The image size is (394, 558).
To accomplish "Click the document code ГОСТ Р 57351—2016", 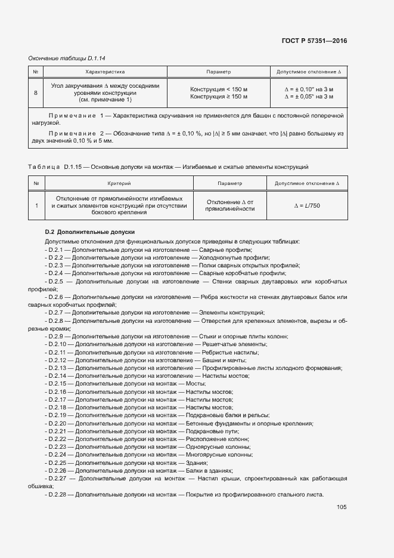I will [x=314, y=41].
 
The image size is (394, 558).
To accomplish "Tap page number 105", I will [x=342, y=507].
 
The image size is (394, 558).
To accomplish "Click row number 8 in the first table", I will [x=36, y=93].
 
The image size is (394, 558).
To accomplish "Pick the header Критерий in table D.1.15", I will [x=119, y=184].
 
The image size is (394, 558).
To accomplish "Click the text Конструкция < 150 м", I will [x=218, y=89].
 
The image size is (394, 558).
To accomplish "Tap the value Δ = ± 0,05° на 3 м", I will [x=309, y=96].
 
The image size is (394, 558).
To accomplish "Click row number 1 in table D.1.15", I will [x=36, y=205].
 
